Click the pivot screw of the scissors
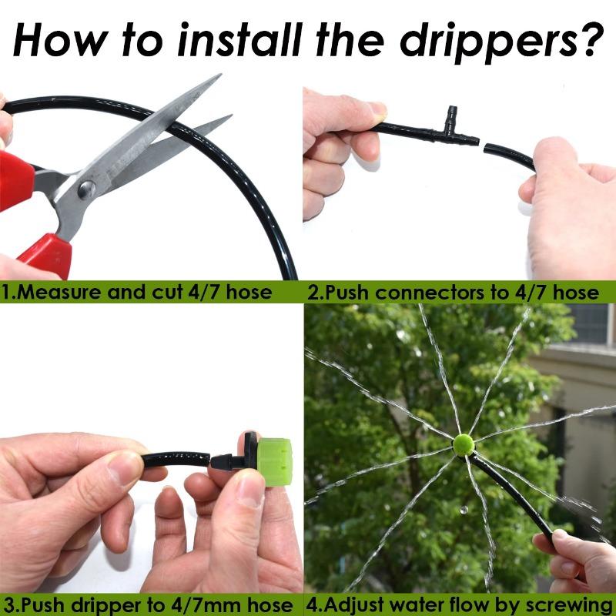click(87, 187)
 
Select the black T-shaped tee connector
click(452, 129)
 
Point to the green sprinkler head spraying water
click(463, 445)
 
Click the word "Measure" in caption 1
click(55, 292)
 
